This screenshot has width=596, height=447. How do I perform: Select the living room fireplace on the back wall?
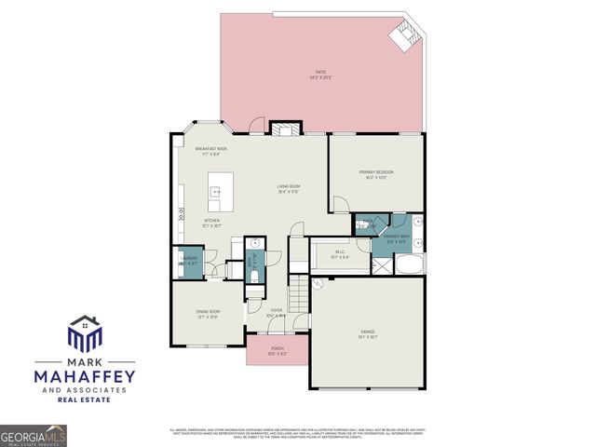point(280,129)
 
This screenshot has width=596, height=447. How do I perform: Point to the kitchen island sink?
point(215,193)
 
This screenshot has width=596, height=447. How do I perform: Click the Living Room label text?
point(288,188)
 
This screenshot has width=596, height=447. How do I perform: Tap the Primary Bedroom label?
point(376,173)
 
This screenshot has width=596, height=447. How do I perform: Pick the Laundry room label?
point(189,260)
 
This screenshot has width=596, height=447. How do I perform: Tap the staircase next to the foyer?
point(298,297)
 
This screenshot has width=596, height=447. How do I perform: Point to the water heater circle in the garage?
point(318,285)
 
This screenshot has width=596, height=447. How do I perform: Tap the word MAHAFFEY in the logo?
point(85,376)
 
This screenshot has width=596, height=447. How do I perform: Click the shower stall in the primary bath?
point(382,264)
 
